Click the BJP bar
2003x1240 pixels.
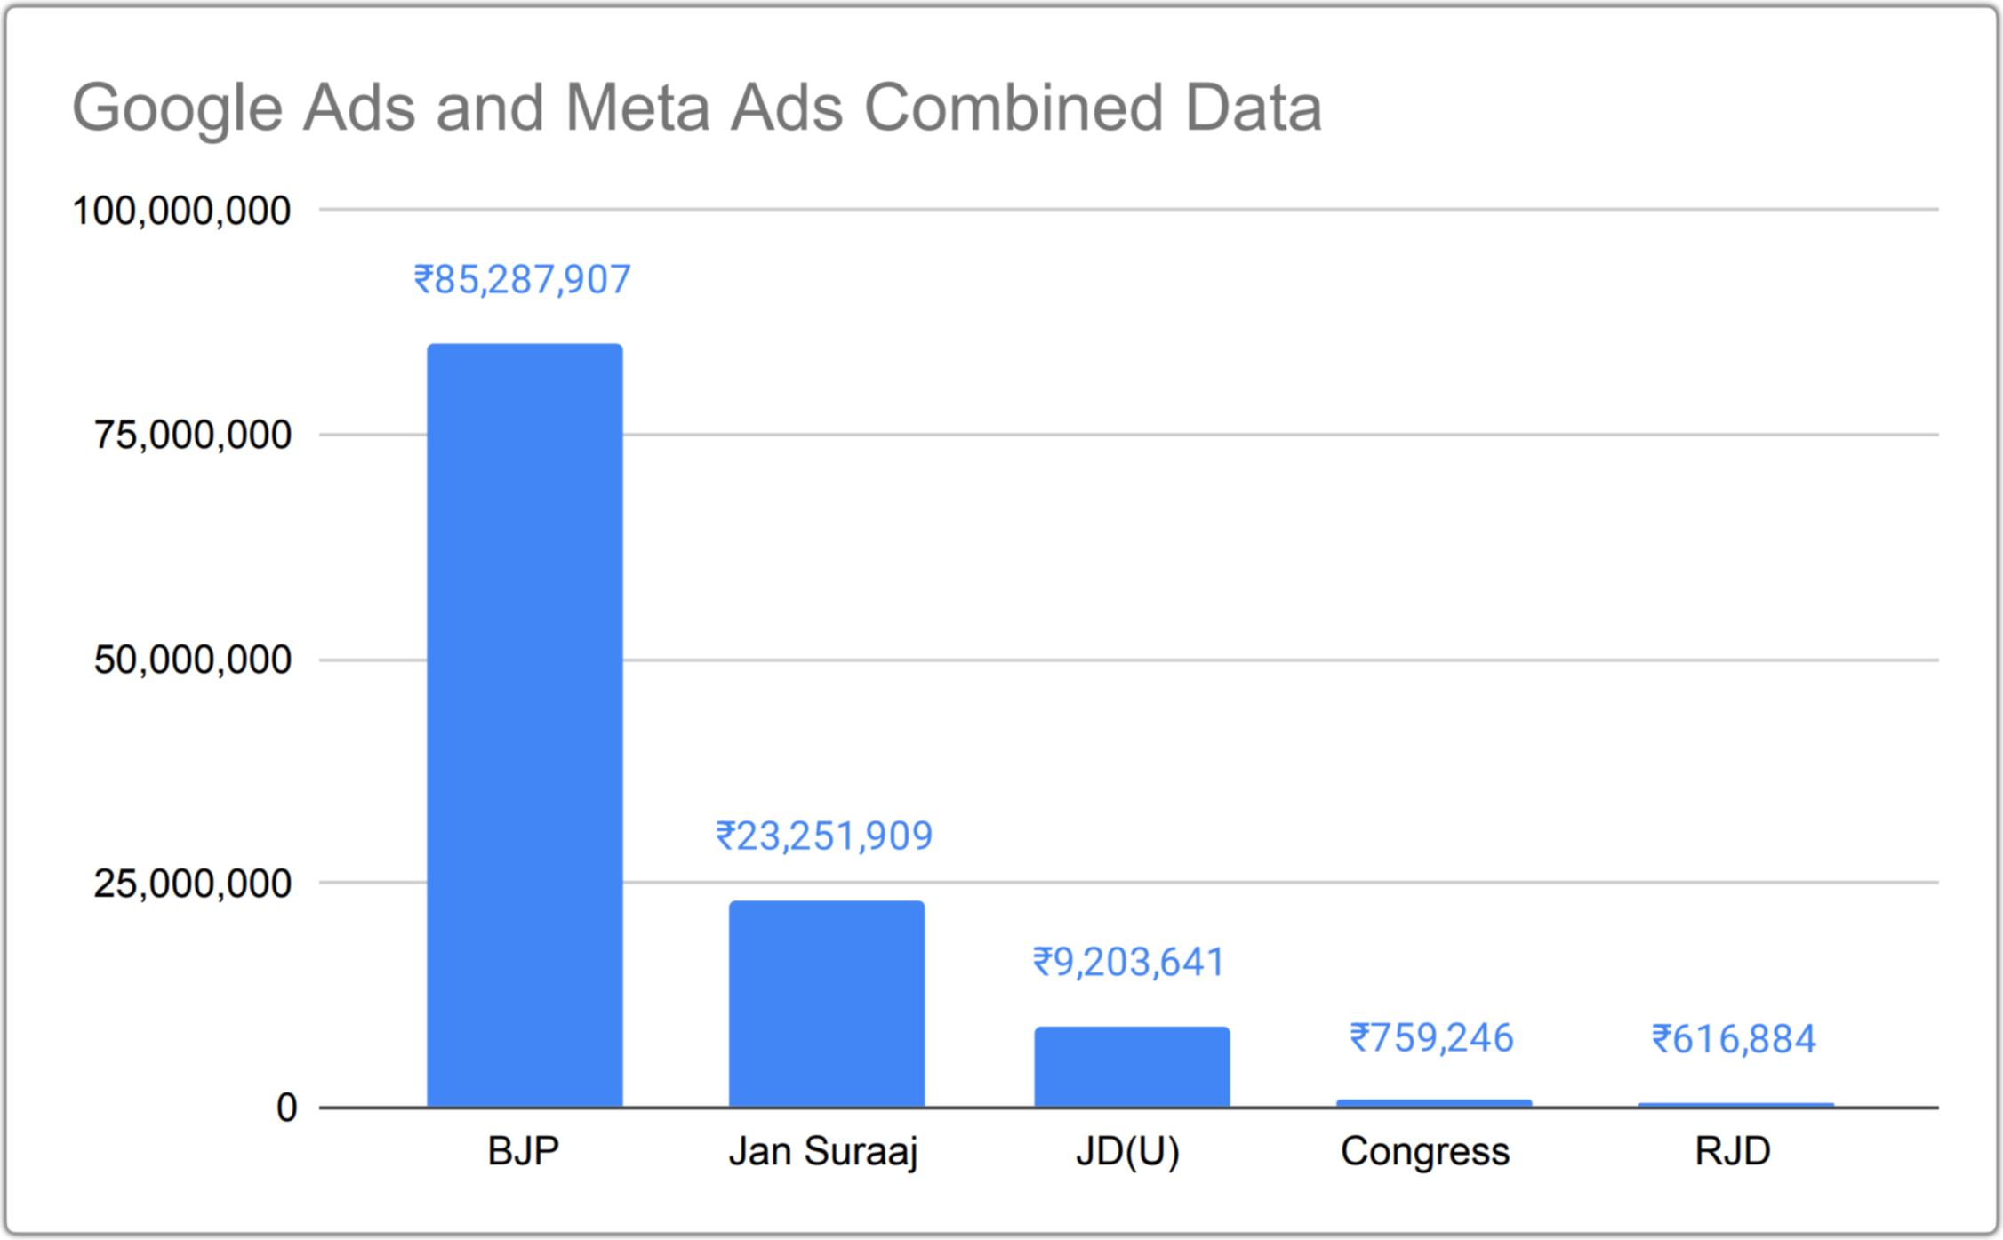[525, 724]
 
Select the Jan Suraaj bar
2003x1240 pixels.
[827, 1004]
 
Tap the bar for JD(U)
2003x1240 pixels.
[1132, 1067]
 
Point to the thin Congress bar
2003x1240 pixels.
[1434, 1103]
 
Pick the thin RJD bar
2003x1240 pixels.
[1735, 1105]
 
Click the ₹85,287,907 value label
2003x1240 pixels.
[523, 280]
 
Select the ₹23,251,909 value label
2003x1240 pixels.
[824, 836]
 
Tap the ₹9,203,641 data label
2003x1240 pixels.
[1129, 963]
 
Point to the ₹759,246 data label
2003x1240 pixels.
[1431, 1038]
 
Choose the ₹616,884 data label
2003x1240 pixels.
[1734, 1039]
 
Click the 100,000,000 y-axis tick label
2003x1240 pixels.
[181, 212]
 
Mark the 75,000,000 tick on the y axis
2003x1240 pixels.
[192, 436]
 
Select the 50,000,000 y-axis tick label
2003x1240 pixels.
[192, 660]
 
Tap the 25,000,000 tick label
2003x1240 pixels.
[192, 884]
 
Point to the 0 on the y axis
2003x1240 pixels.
[286, 1108]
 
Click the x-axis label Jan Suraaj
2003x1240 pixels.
[823, 1152]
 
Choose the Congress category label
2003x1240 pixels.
[1425, 1152]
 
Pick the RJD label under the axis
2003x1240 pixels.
[1733, 1152]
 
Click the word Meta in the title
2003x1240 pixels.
[637, 108]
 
